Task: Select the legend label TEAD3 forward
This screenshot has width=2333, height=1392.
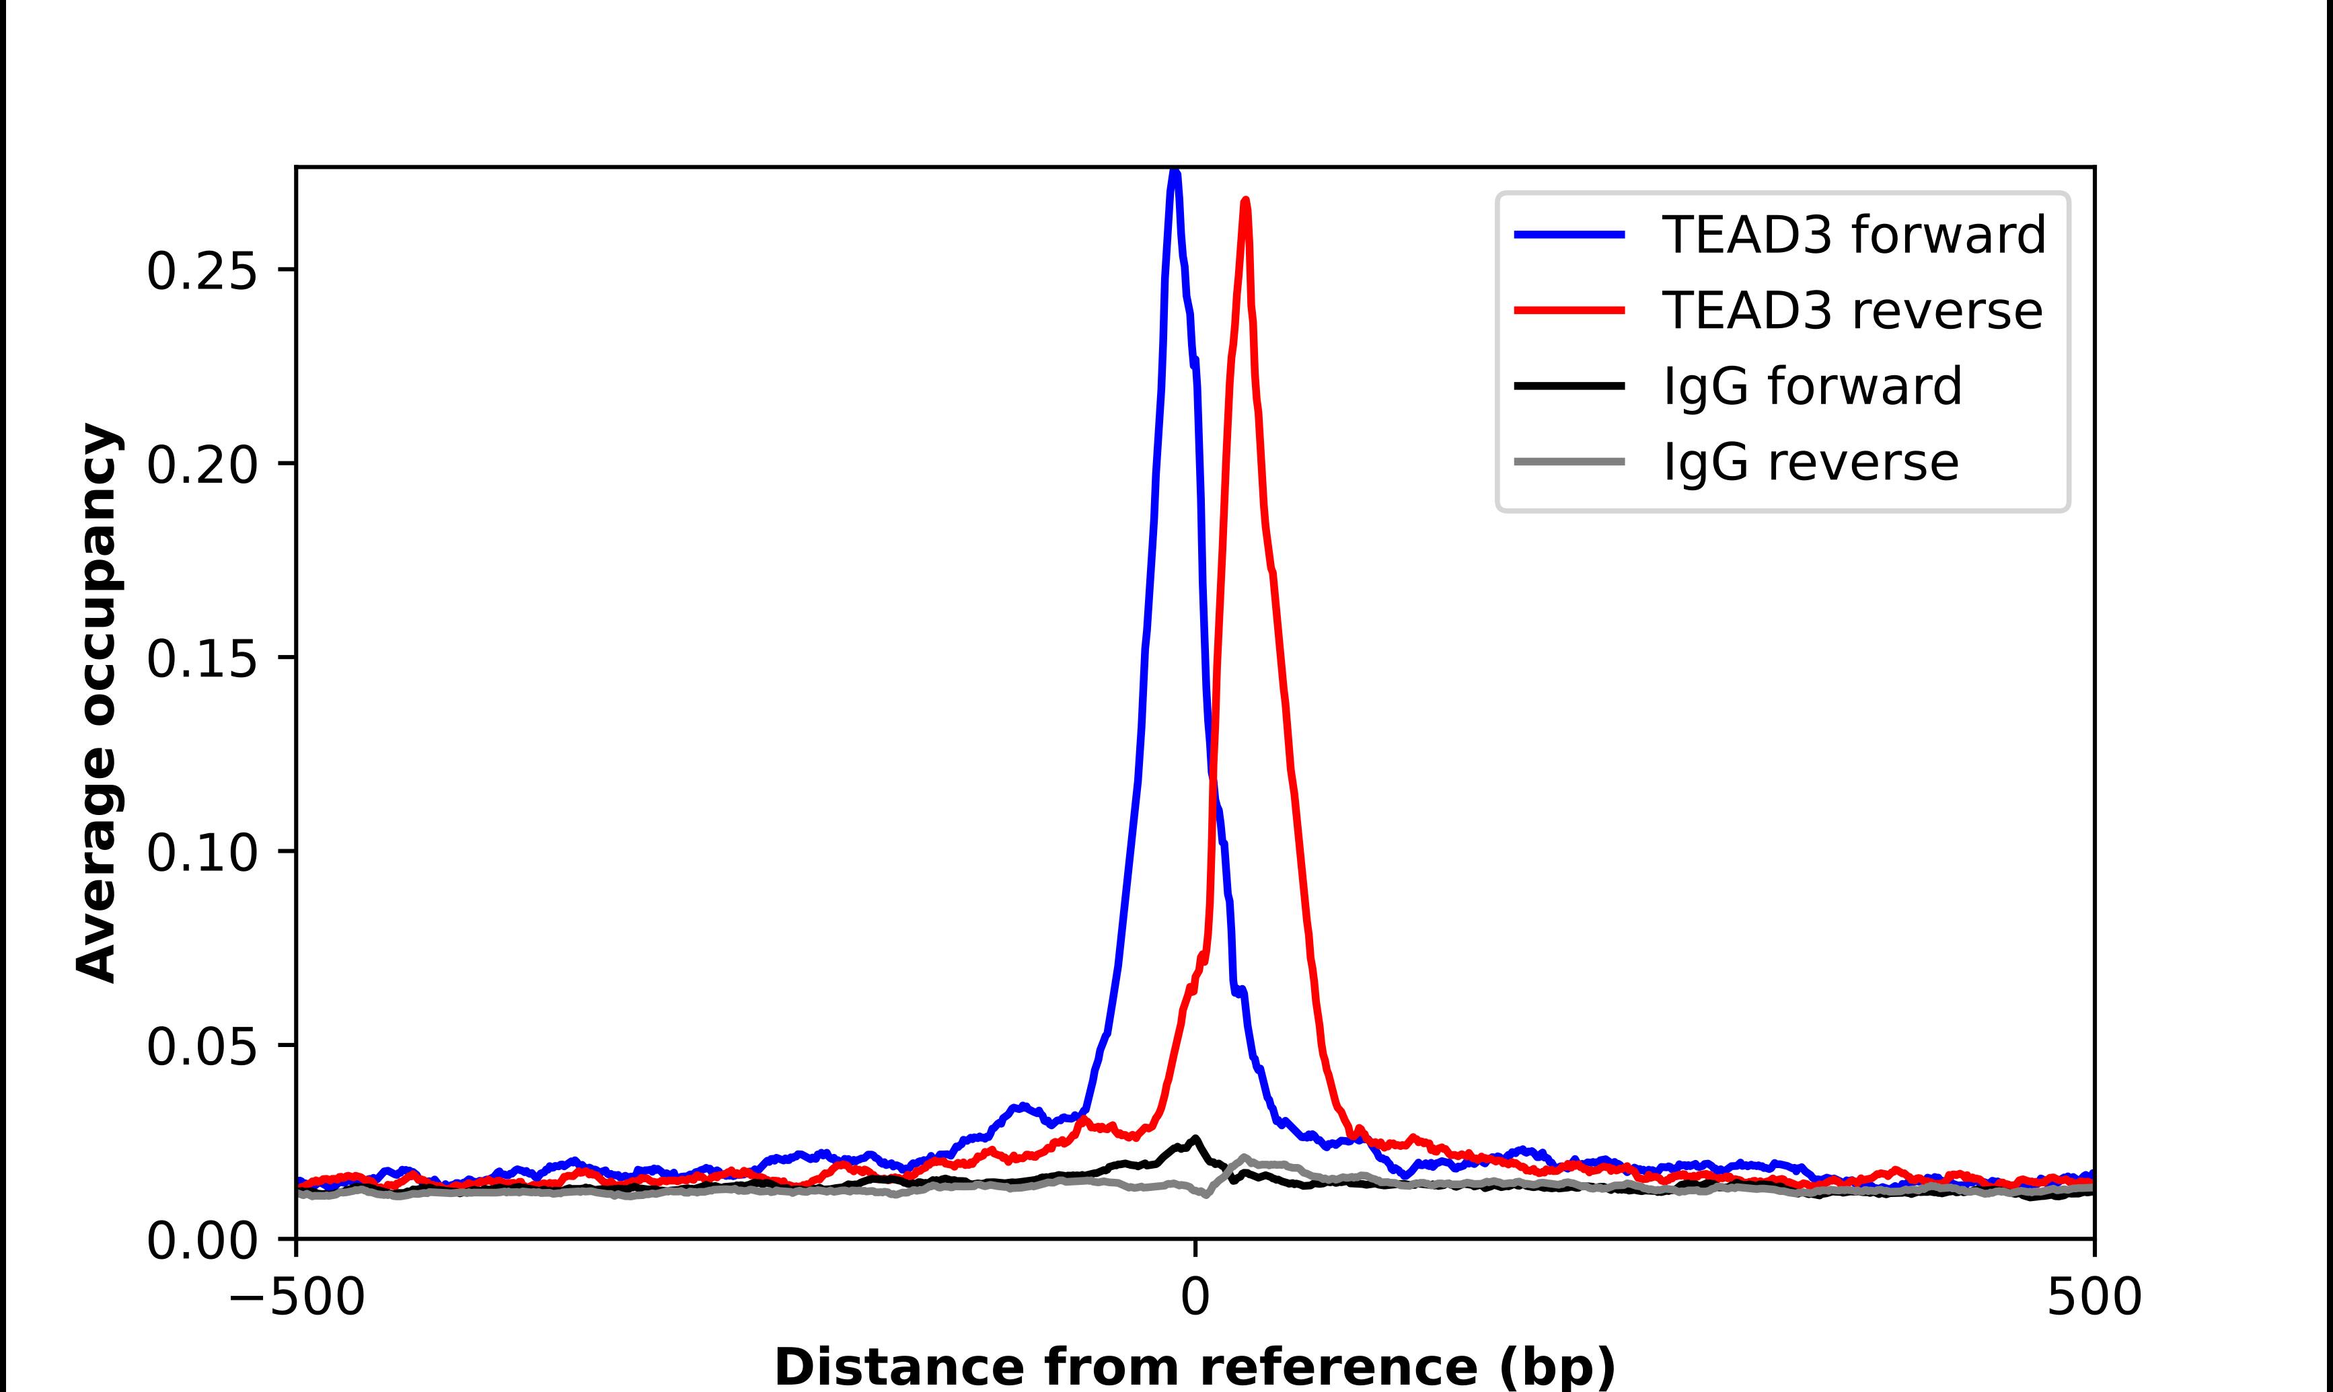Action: tap(1853, 235)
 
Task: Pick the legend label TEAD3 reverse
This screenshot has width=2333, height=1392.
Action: tap(1852, 311)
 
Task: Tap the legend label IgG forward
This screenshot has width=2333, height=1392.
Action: tap(1812, 387)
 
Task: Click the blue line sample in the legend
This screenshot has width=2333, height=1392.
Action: tap(1569, 235)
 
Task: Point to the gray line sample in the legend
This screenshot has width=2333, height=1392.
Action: tap(1569, 461)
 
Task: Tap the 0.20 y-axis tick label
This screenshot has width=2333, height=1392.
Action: tap(202, 465)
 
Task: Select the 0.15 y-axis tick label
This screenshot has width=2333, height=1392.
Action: tap(202, 660)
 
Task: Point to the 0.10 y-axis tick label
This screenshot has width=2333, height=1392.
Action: tap(202, 853)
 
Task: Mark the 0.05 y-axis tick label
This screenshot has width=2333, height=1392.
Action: tap(202, 1048)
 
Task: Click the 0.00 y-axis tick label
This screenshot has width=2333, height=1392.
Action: tap(202, 1242)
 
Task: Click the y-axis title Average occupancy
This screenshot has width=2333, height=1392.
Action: tap(98, 703)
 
